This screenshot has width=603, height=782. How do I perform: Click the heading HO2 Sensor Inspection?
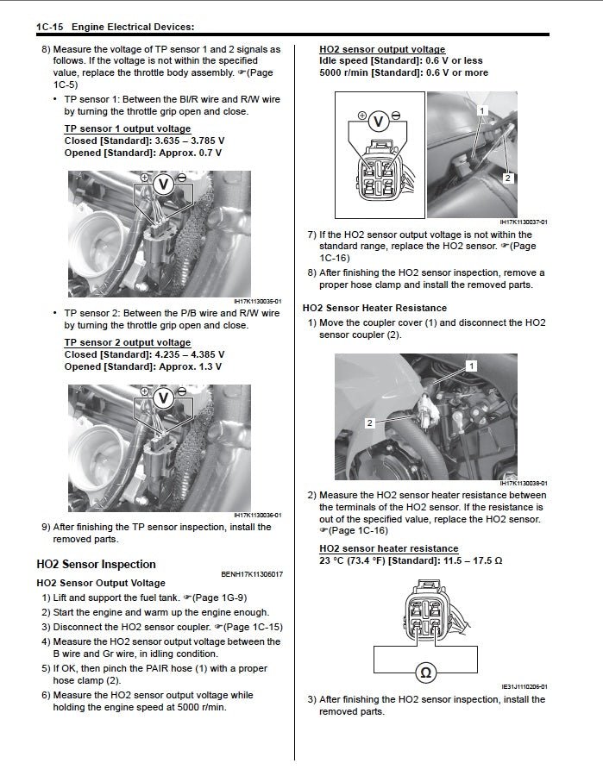point(96,564)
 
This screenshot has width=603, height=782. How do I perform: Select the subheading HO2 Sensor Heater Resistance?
point(374,308)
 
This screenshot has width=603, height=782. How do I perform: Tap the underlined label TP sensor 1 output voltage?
point(128,128)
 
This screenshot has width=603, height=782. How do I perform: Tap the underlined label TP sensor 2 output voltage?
point(128,342)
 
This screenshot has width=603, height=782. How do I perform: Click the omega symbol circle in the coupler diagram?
point(424,670)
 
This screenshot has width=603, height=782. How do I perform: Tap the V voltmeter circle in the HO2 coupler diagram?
point(377,122)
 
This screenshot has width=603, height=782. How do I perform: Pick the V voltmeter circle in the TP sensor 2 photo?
point(163,397)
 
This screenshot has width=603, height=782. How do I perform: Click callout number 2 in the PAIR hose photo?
point(507,178)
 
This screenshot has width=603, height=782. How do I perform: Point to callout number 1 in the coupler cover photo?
point(472,366)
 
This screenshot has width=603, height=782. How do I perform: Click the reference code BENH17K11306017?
point(252,574)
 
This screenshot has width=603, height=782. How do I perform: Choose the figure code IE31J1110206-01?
point(524,687)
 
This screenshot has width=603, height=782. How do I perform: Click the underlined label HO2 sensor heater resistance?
point(388,548)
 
